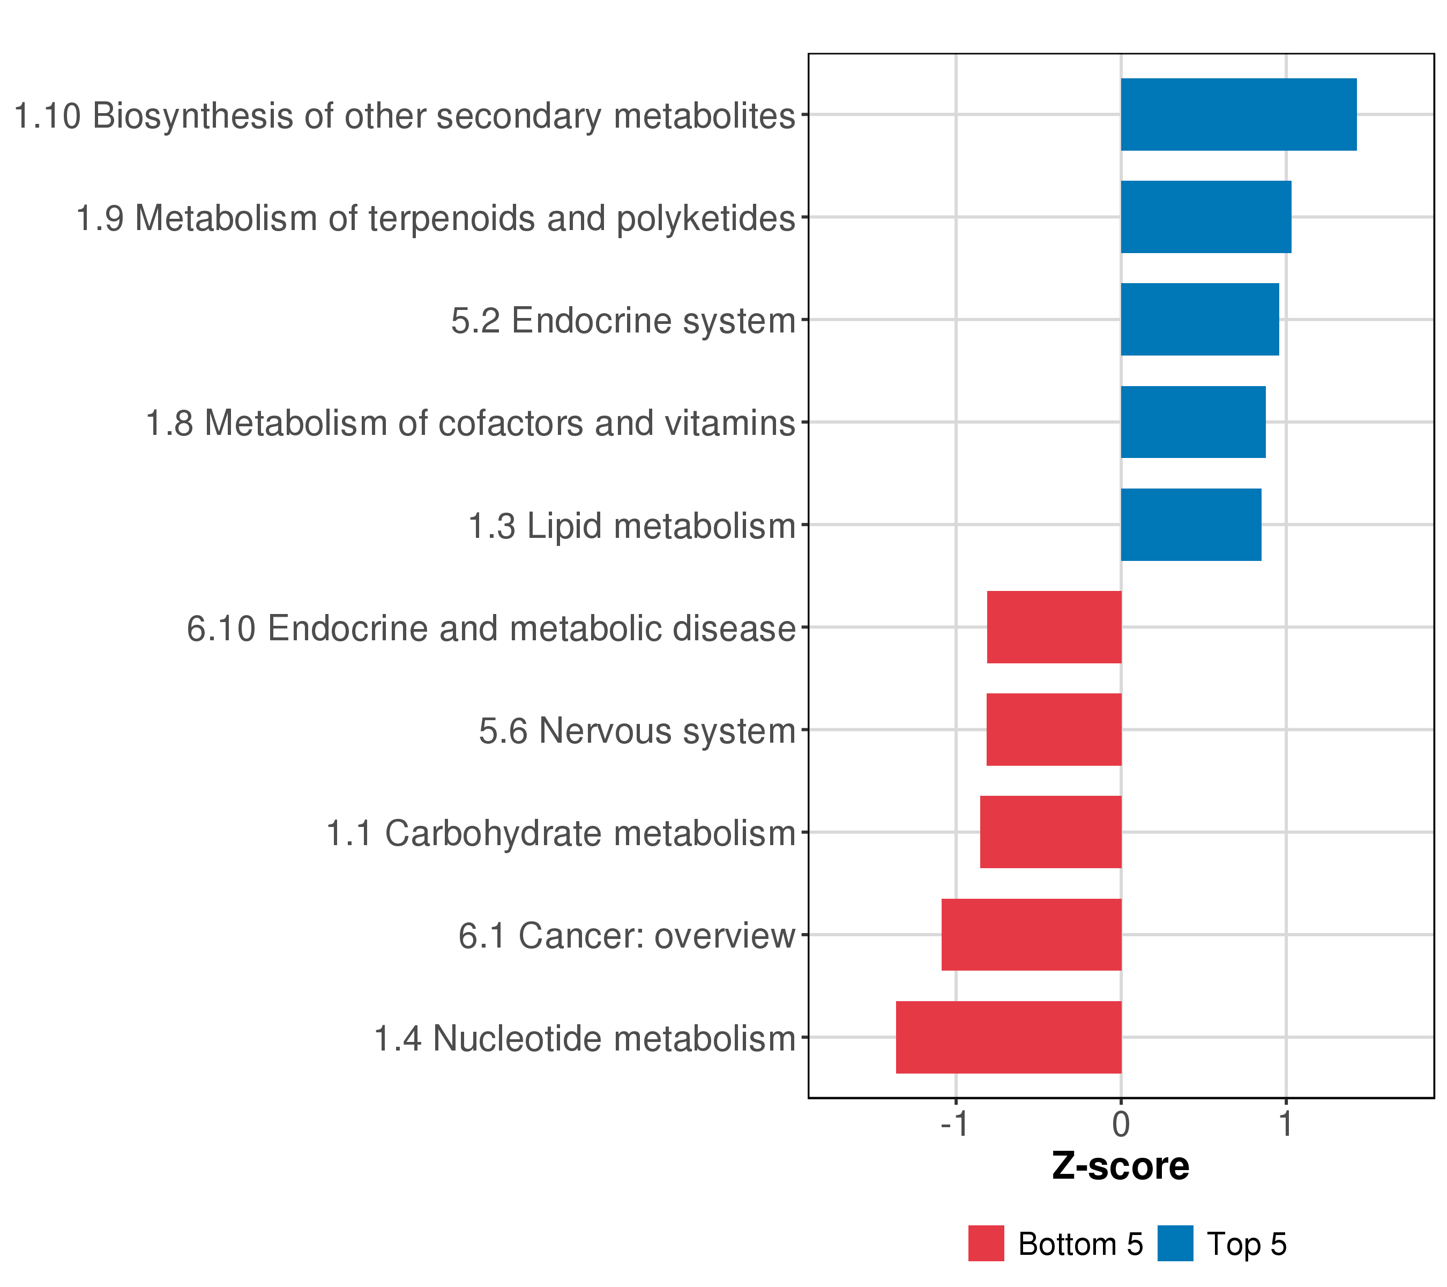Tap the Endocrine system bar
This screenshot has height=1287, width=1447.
[1199, 320]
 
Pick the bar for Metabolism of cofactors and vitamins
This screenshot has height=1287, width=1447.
[1193, 422]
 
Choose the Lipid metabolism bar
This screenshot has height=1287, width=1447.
[1191, 525]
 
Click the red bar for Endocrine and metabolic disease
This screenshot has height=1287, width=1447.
[1054, 627]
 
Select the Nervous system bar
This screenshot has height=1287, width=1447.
[1054, 729]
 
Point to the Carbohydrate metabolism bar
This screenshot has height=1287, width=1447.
[1050, 832]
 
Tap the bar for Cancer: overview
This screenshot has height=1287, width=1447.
[1032, 935]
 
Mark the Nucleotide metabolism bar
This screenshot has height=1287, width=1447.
[1009, 1038]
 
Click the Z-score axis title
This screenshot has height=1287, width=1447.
[1121, 1166]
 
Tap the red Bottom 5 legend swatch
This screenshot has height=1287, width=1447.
[986, 1244]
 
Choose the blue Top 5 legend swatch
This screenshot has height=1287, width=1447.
[1175, 1244]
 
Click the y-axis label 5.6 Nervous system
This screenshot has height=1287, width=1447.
[637, 731]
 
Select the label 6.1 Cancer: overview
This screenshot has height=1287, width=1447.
[626, 936]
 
